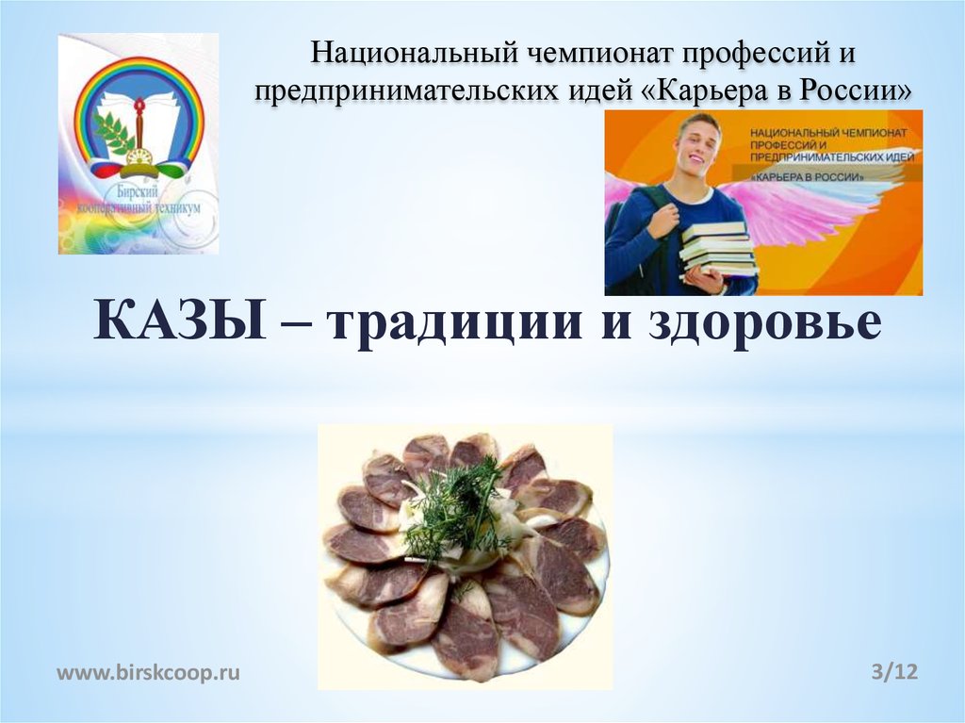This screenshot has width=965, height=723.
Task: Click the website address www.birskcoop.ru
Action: coord(149,672)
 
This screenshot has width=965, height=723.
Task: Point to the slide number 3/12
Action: coord(894,672)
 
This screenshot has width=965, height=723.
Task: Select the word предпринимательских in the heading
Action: coord(407,91)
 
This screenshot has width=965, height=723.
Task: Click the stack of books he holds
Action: coord(718,247)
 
